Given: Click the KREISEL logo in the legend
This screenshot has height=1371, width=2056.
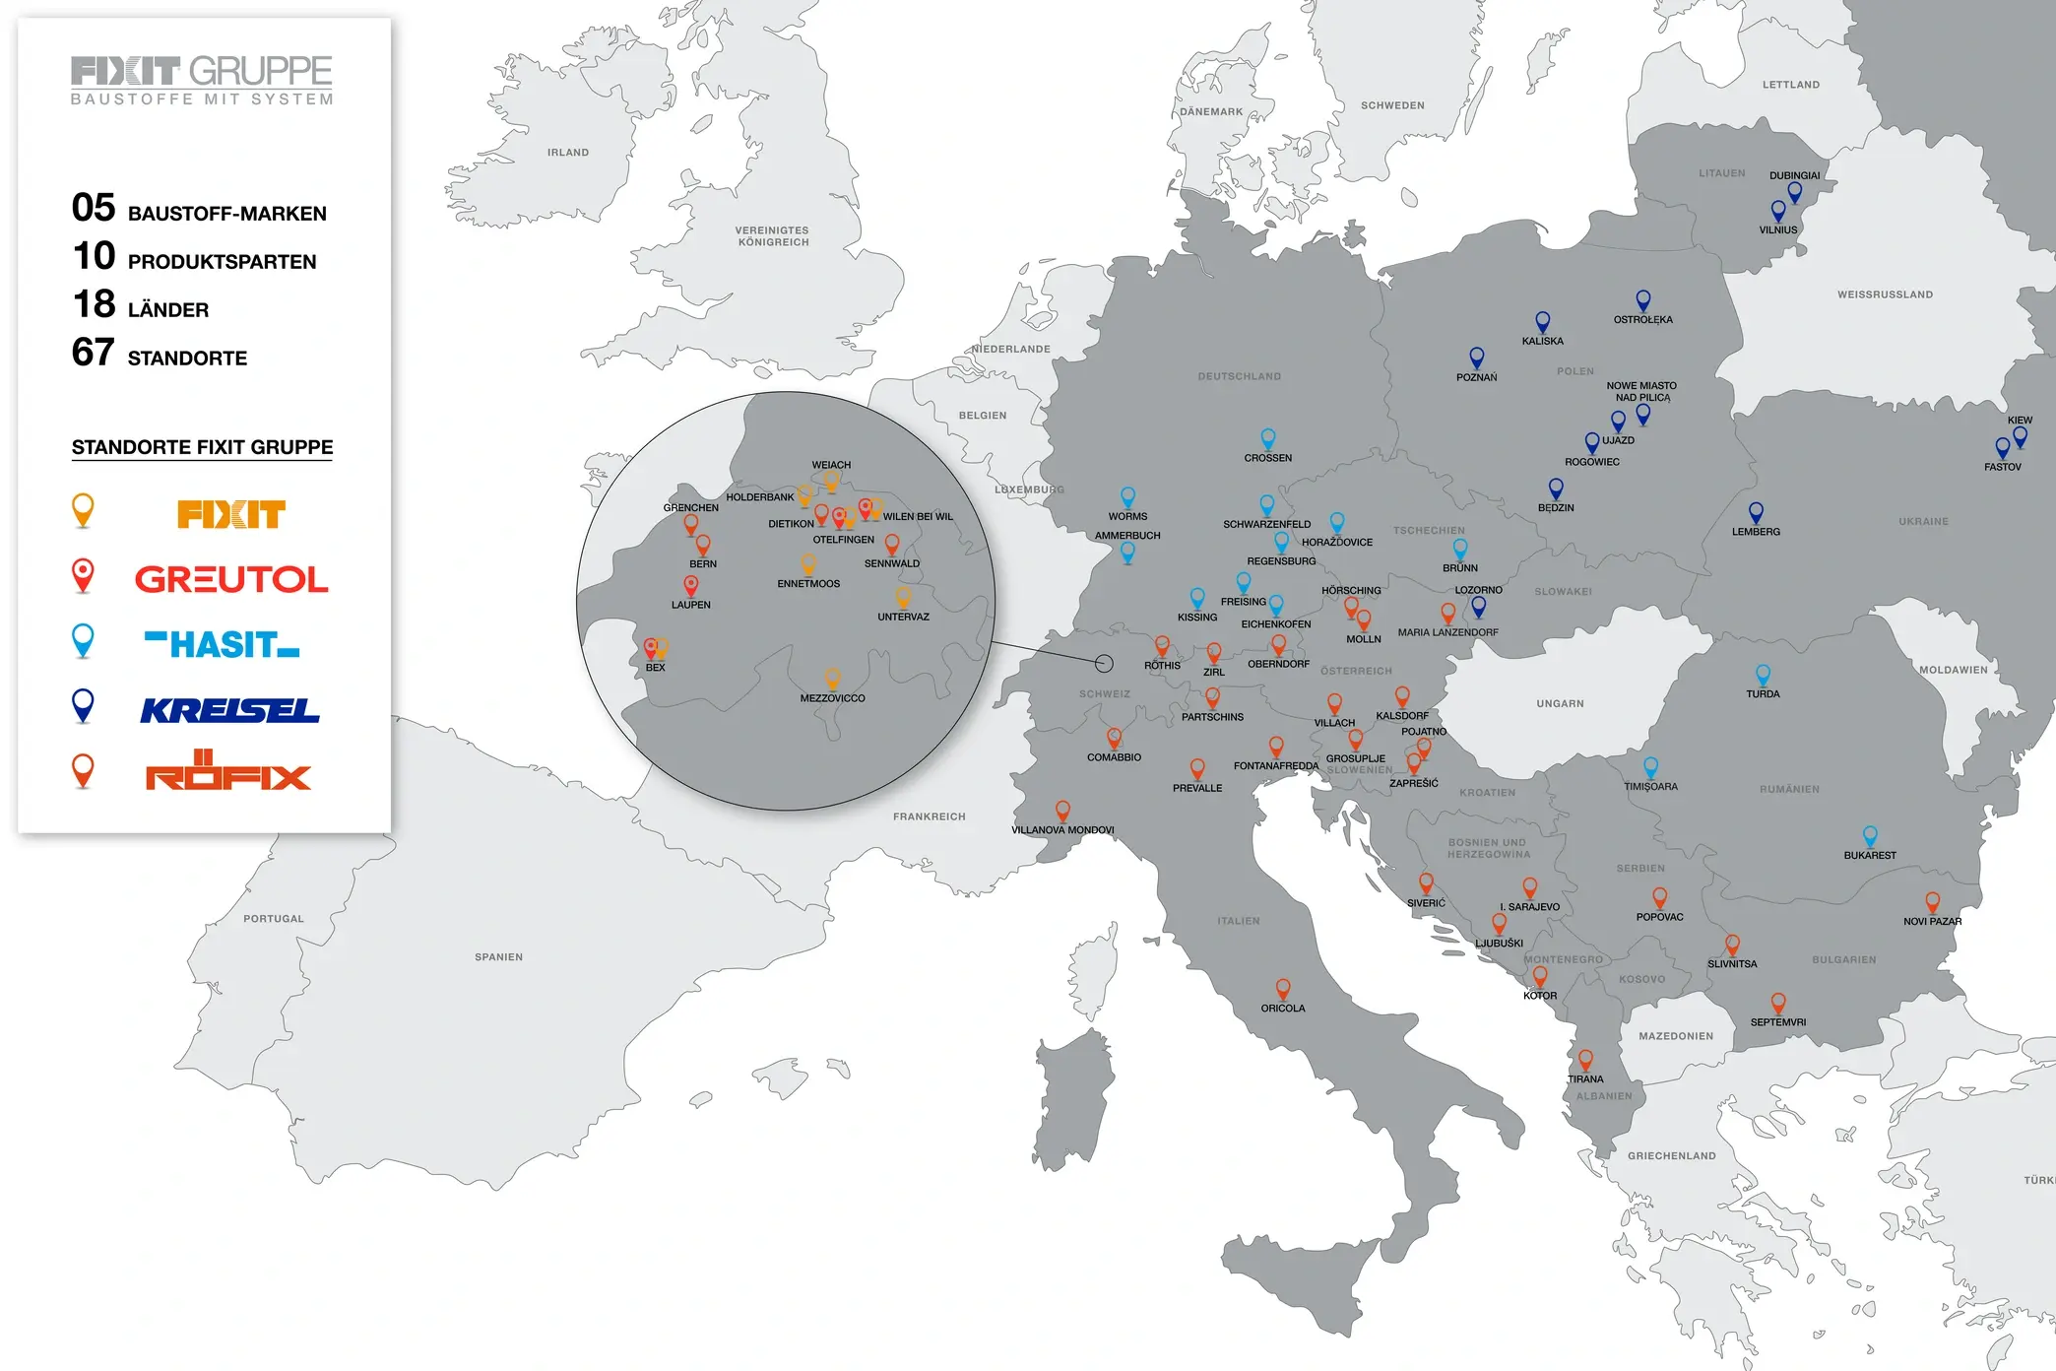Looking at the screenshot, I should click(x=229, y=710).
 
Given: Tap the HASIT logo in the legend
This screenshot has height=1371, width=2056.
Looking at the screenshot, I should click(x=222, y=644).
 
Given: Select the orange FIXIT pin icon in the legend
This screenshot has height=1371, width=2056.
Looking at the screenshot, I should click(x=84, y=509).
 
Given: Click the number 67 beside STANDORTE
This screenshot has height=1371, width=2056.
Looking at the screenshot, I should click(x=94, y=353).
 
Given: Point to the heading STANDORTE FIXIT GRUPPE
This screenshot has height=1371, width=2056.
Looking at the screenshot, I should click(x=202, y=447).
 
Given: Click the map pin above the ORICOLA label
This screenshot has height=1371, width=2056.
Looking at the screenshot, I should click(x=1283, y=988).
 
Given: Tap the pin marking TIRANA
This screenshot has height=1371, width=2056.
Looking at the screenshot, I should click(x=1585, y=1059).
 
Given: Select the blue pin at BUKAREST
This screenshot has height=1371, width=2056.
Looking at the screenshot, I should click(x=1870, y=835).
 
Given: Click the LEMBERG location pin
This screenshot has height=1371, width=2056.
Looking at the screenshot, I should click(x=1756, y=512).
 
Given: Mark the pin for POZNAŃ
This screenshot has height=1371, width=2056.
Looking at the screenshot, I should click(x=1476, y=357).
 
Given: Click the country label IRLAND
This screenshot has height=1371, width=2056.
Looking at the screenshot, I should click(x=568, y=153).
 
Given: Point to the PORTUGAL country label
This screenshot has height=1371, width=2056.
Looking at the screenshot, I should click(x=274, y=919).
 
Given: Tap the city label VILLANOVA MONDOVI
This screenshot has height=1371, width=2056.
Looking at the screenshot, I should click(x=1062, y=830).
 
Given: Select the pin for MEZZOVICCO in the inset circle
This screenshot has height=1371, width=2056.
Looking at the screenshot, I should click(x=832, y=678).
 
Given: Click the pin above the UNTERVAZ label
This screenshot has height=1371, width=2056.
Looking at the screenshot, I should click(x=903, y=596).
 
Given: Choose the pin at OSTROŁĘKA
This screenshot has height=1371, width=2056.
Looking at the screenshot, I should click(x=1642, y=299).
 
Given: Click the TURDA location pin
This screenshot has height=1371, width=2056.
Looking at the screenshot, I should click(x=1763, y=675).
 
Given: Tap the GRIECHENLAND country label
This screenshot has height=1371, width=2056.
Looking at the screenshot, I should click(x=1671, y=1156).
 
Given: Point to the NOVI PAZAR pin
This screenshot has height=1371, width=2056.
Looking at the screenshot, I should click(x=1932, y=901).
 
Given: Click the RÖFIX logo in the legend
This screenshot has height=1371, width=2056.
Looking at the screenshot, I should click(x=228, y=771).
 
